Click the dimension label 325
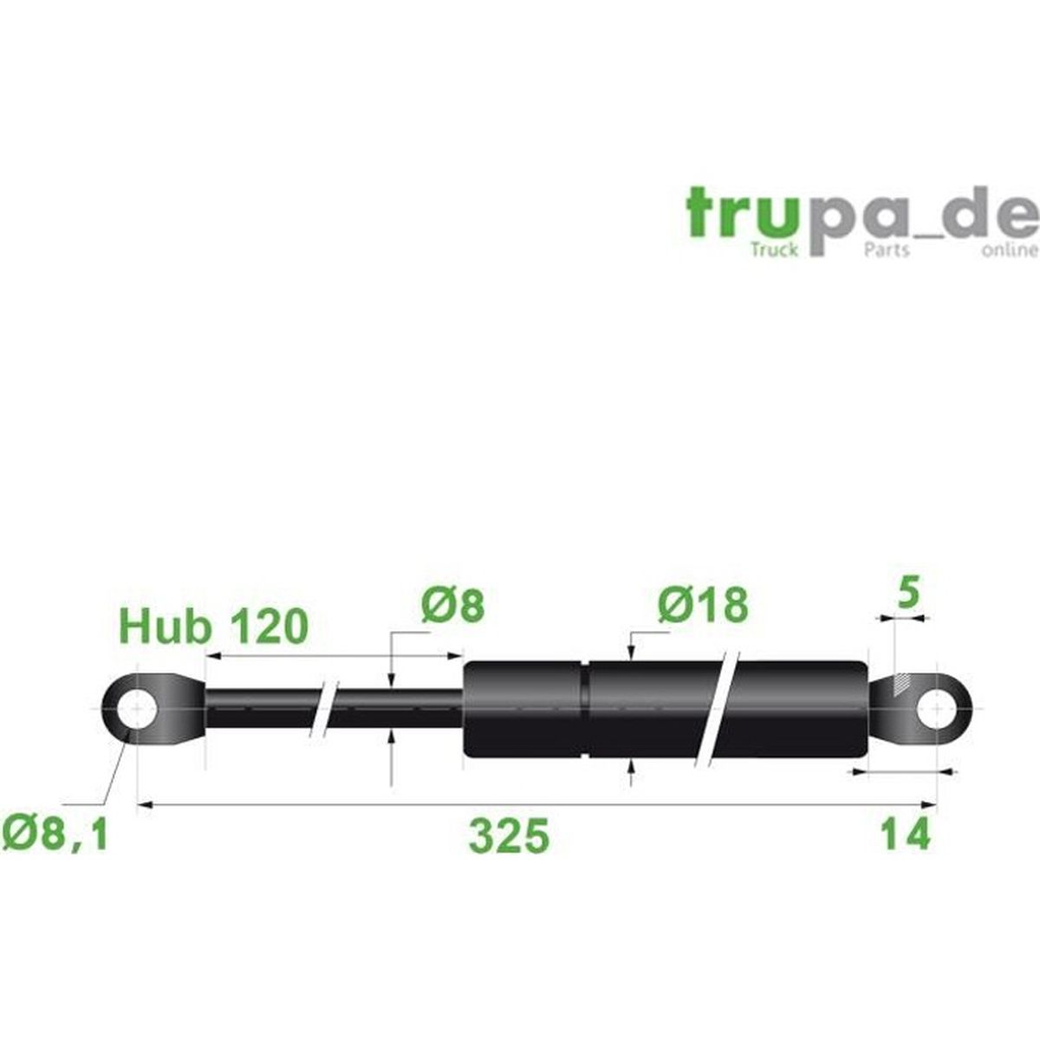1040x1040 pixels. pos(509,836)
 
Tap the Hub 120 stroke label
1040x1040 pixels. pos(213,627)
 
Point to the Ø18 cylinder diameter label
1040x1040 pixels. pos(702,604)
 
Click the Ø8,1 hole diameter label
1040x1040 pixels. pos(55,834)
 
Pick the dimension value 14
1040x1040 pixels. pos(904,835)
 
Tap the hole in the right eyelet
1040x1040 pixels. pos(937,709)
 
